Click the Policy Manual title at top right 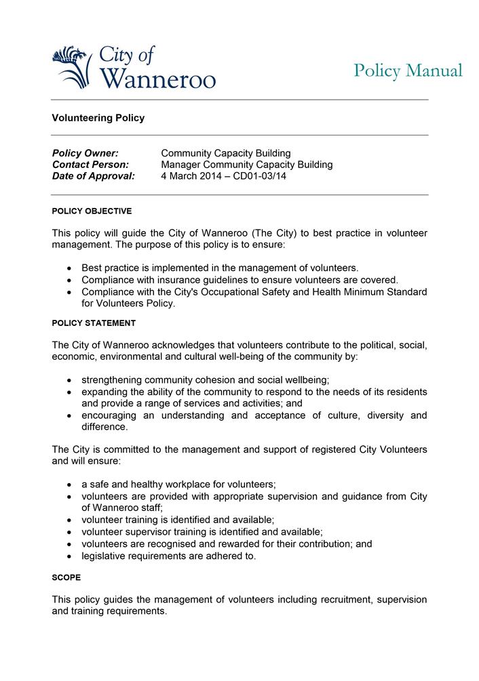pos(408,70)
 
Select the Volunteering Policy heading pos(98,118)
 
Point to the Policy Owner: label pos(85,153)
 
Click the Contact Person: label pos(90,165)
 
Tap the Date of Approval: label pos(94,176)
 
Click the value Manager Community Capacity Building pos(247,165)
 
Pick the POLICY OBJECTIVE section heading pos(92,211)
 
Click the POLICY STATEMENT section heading pos(94,323)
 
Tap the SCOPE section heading pos(66,577)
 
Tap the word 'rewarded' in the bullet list pos(229,544)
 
